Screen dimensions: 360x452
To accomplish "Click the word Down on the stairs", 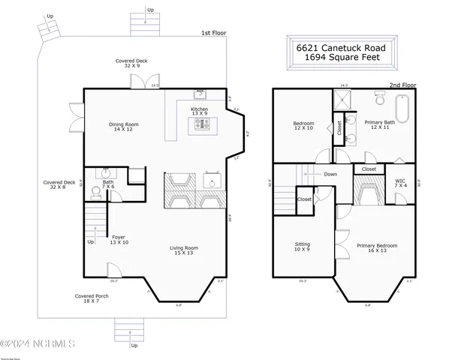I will pyautogui.click(x=330, y=174).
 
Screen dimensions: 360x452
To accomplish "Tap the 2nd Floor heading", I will pyautogui.click(x=402, y=85).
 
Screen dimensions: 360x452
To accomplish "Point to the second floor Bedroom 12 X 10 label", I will pyautogui.click(x=303, y=125).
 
